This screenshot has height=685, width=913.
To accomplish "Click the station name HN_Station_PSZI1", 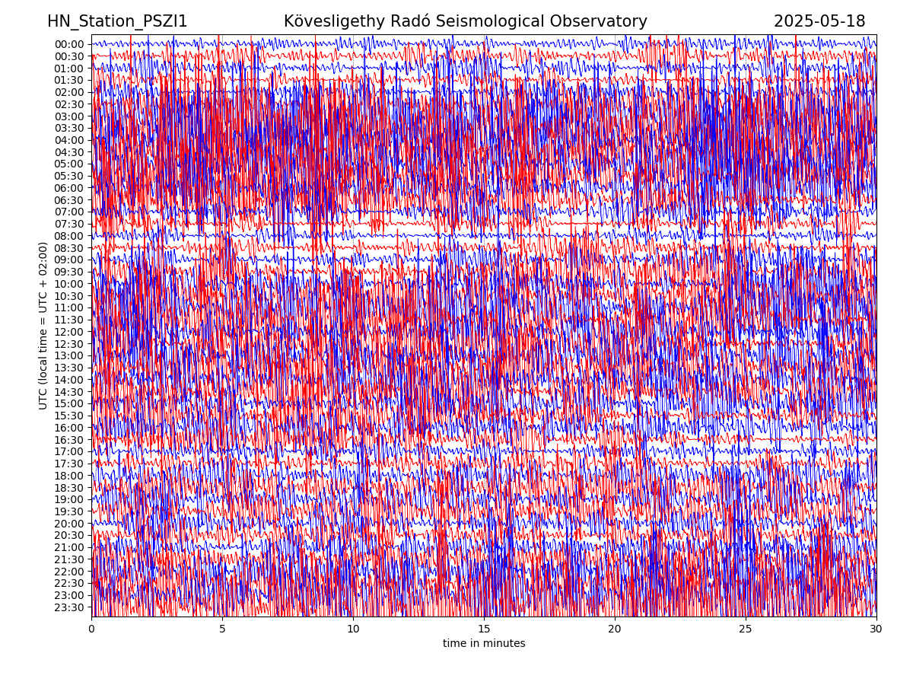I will click(x=117, y=21).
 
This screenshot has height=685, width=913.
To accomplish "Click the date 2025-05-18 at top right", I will click(x=819, y=21).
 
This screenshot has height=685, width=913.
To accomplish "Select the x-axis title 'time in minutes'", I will click(x=484, y=643).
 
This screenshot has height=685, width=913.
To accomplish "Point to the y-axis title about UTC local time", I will click(x=43, y=325).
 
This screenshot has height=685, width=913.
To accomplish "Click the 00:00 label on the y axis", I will click(x=69, y=44).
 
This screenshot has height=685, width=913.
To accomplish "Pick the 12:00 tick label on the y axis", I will click(x=69, y=332).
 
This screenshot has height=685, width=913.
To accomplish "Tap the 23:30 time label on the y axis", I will click(x=69, y=607).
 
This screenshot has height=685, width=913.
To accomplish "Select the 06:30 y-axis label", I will click(x=69, y=200).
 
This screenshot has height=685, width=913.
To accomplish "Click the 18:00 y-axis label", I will click(x=69, y=476).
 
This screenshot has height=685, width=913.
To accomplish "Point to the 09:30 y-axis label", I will click(x=69, y=272).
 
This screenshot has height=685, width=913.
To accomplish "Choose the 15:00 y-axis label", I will click(x=69, y=403).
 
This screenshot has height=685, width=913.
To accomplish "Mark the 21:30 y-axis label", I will click(x=69, y=559).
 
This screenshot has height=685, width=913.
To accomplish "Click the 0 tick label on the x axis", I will click(x=91, y=629).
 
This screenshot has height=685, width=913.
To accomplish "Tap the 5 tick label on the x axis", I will click(x=222, y=629).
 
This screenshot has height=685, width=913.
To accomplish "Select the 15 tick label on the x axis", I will click(x=484, y=629).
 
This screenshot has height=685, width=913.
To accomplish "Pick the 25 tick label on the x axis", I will click(x=746, y=629).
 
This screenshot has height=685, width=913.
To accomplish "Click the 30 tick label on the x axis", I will click(x=876, y=629).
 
